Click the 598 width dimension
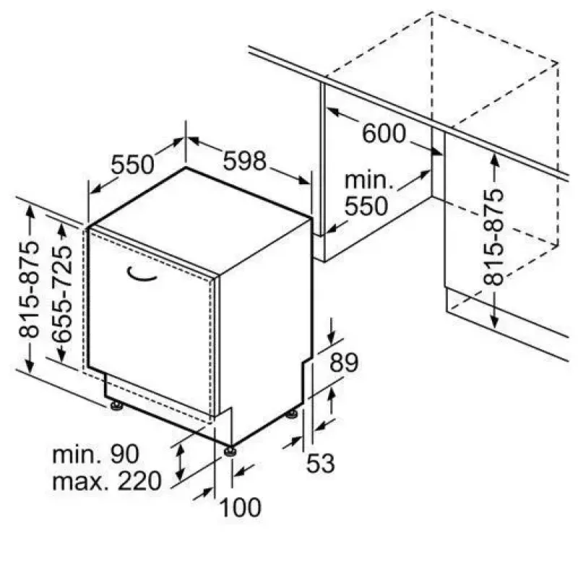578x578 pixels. (x=244, y=160)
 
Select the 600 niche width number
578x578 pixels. (x=384, y=133)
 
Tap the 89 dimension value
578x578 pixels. (x=344, y=363)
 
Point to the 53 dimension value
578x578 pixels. (x=320, y=463)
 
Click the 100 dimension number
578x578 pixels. (x=241, y=508)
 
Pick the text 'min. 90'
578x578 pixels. (x=95, y=454)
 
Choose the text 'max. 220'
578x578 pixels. (x=107, y=480)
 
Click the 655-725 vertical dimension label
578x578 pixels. (x=61, y=295)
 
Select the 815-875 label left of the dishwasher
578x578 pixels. (x=28, y=290)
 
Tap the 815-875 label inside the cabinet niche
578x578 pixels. (x=493, y=237)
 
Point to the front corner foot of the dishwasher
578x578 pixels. (x=230, y=451)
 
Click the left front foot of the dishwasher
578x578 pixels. (x=116, y=406)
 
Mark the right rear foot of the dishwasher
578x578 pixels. (x=292, y=413)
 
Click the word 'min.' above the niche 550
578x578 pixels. (x=369, y=180)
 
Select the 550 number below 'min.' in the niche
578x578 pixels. (x=366, y=206)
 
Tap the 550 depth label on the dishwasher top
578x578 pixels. (x=133, y=165)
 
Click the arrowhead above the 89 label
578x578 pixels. (x=332, y=337)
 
